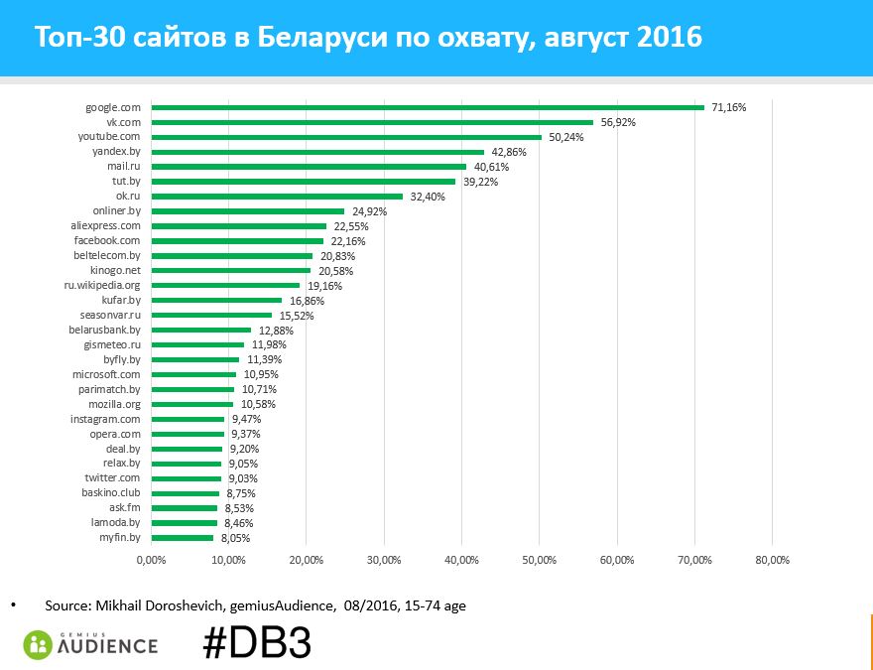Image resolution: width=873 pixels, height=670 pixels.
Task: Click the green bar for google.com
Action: (427, 107)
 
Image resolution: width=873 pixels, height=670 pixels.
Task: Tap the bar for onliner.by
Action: (247, 210)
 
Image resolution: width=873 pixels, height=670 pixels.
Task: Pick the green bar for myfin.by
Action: (182, 538)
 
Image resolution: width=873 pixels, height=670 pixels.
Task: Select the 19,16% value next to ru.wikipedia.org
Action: (324, 286)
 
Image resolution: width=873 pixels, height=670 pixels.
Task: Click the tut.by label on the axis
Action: (126, 182)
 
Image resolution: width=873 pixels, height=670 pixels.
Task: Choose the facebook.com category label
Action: (110, 240)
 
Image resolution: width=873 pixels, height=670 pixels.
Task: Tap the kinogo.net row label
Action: (115, 270)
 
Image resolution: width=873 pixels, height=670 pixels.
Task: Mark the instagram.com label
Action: (105, 419)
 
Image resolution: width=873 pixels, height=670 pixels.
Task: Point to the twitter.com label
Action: (112, 478)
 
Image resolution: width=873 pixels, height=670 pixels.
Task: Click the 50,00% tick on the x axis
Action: (540, 561)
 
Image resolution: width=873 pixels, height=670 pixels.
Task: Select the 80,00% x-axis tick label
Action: (773, 561)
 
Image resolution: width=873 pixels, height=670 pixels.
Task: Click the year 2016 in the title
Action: (671, 38)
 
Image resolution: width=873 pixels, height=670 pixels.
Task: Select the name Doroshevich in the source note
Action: (187, 604)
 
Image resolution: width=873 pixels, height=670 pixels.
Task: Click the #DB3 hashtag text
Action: (257, 643)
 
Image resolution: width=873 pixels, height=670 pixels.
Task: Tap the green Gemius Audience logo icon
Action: (39, 644)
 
